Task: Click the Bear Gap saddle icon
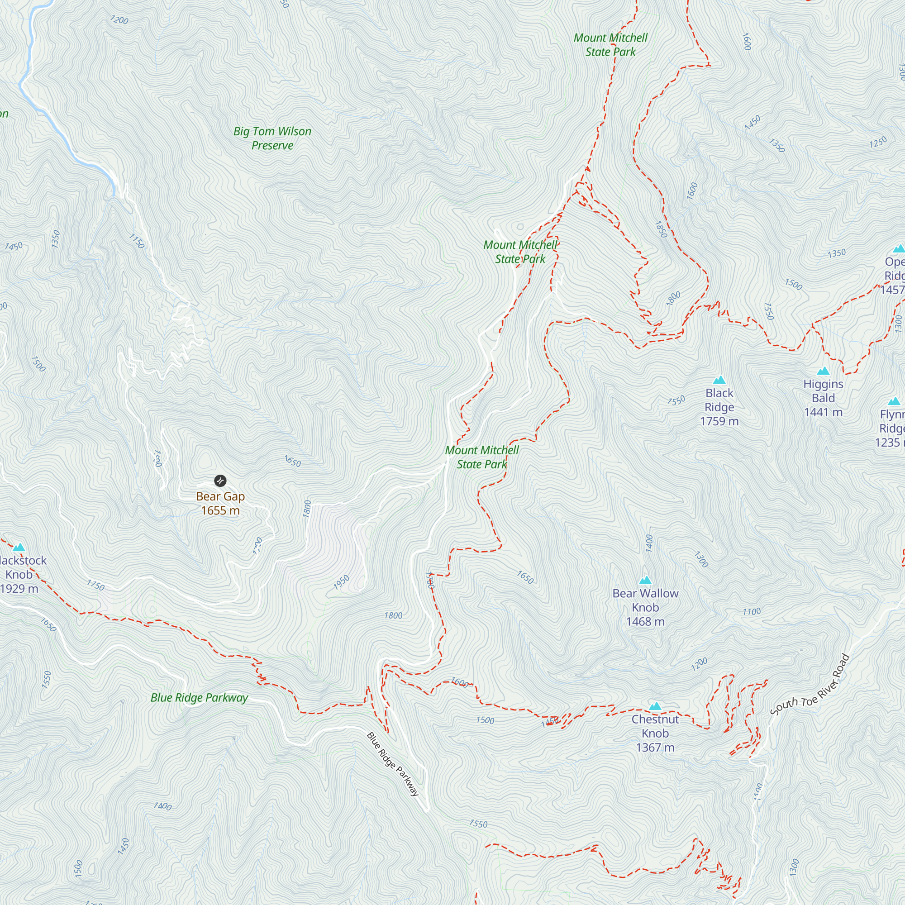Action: (220, 481)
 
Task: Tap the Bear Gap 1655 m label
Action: (220, 504)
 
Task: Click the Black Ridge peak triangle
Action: (719, 380)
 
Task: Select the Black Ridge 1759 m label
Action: (719, 407)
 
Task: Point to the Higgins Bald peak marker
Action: (823, 372)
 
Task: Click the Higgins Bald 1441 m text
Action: (823, 398)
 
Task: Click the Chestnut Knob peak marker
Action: (655, 706)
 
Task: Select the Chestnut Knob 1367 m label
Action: (655, 733)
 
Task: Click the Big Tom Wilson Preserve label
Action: (272, 138)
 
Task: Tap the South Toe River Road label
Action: (810, 685)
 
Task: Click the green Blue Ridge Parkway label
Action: (199, 698)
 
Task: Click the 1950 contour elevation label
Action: (342, 582)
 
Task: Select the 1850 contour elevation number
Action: (661, 229)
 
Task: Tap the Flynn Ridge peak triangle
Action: (894, 402)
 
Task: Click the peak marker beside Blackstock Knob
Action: (19, 548)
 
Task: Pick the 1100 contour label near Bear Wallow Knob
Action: (751, 612)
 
